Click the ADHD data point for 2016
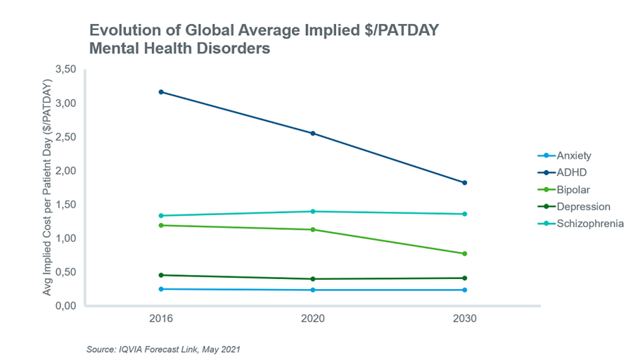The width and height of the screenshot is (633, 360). click(161, 92)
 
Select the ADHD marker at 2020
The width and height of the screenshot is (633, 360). click(312, 134)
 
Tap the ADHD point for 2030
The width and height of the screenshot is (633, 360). click(464, 183)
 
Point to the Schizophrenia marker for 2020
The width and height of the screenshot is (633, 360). click(312, 212)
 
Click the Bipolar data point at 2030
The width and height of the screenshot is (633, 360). click(464, 254)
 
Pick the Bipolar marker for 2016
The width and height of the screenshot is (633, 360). click(161, 225)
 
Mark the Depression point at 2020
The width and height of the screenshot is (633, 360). click(312, 279)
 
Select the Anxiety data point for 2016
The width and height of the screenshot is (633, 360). click(161, 289)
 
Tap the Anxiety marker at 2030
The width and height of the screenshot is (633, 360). click(464, 290)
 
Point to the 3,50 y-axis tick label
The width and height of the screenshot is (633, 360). click(65, 70)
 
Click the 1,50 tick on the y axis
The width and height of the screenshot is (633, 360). click(65, 205)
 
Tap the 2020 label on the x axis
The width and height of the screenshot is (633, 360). click(312, 319)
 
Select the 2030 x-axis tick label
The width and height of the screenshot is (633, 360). click(464, 319)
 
